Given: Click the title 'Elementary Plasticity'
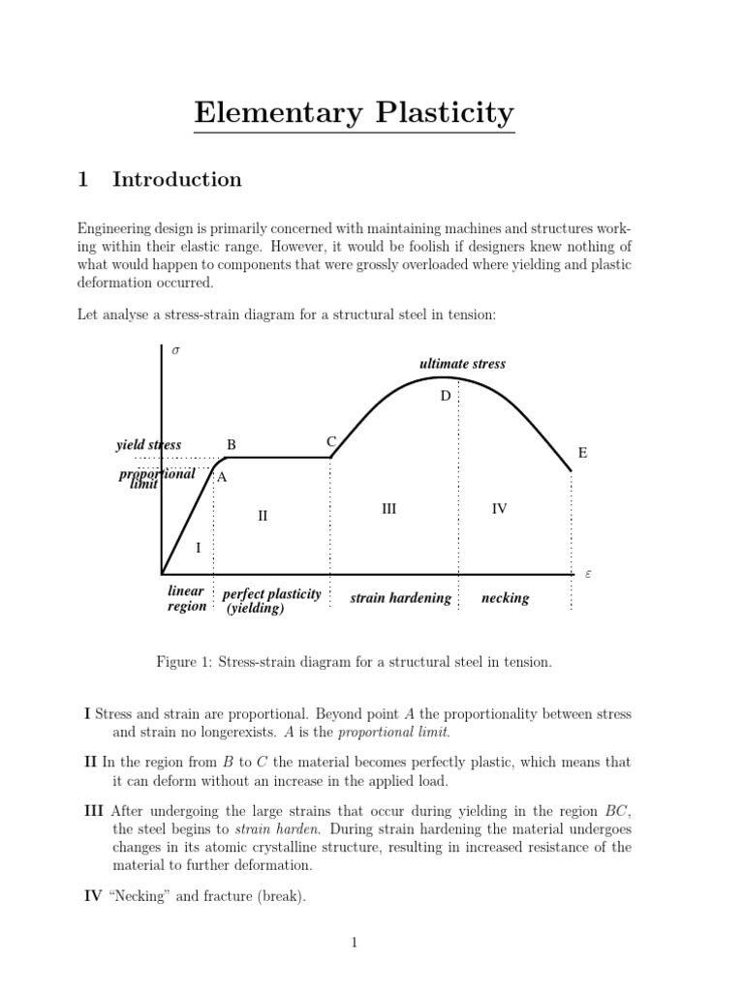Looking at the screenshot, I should (x=354, y=113).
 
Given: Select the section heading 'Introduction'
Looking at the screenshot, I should (x=177, y=179).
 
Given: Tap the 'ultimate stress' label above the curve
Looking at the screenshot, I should (x=462, y=364).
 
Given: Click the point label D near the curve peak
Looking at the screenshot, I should (x=446, y=396).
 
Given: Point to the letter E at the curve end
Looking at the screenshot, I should (x=582, y=453).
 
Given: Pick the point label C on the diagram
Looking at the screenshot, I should (x=330, y=442).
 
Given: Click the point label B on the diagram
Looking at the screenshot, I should (x=232, y=444).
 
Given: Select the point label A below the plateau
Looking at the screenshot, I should (x=222, y=477).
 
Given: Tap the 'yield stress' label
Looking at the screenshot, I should (x=148, y=444).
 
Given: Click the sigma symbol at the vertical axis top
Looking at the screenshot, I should (x=175, y=350).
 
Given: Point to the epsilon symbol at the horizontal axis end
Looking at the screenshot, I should (x=586, y=574).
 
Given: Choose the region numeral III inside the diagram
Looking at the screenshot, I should (x=388, y=508).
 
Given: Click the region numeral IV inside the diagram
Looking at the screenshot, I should (x=499, y=508).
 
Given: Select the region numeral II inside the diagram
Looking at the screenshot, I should (x=262, y=516).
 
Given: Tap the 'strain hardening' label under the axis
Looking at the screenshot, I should (x=401, y=598).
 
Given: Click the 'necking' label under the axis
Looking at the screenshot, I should (x=505, y=598).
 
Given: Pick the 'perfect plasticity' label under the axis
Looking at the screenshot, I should (x=271, y=593).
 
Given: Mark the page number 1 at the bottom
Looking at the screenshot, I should (x=355, y=944).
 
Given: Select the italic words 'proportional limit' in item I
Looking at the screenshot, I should (x=396, y=732).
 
